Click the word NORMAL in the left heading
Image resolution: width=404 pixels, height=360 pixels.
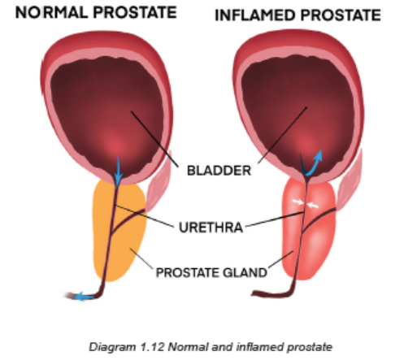pos(51,12)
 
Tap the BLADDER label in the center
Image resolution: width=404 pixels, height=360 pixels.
pos(219,171)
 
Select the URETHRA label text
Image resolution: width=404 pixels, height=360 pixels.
pos(211,227)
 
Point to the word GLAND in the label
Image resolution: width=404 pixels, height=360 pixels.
pos(245,272)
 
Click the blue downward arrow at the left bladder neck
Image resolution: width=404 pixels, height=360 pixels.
pos(118,171)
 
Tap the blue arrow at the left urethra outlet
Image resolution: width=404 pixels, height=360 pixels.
pos(84,297)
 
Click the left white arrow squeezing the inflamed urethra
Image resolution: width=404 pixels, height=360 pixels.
pos(298,202)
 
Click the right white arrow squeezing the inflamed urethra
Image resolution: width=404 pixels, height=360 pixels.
pos(313,206)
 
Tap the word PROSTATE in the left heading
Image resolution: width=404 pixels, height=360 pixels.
pos(135,12)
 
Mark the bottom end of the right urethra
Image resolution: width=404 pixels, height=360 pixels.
pos(253,293)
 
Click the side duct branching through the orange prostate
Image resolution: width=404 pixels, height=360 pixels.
pos(128,219)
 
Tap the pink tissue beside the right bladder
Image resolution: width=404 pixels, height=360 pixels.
pos(350,180)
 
